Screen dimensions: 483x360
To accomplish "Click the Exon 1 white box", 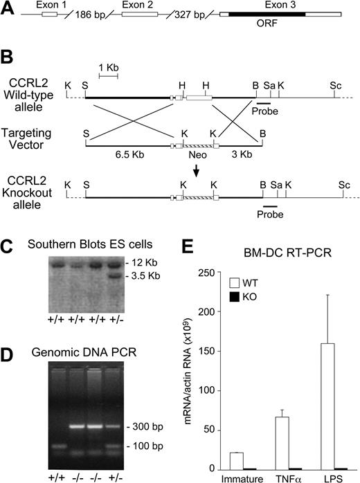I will (x=50, y=13).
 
